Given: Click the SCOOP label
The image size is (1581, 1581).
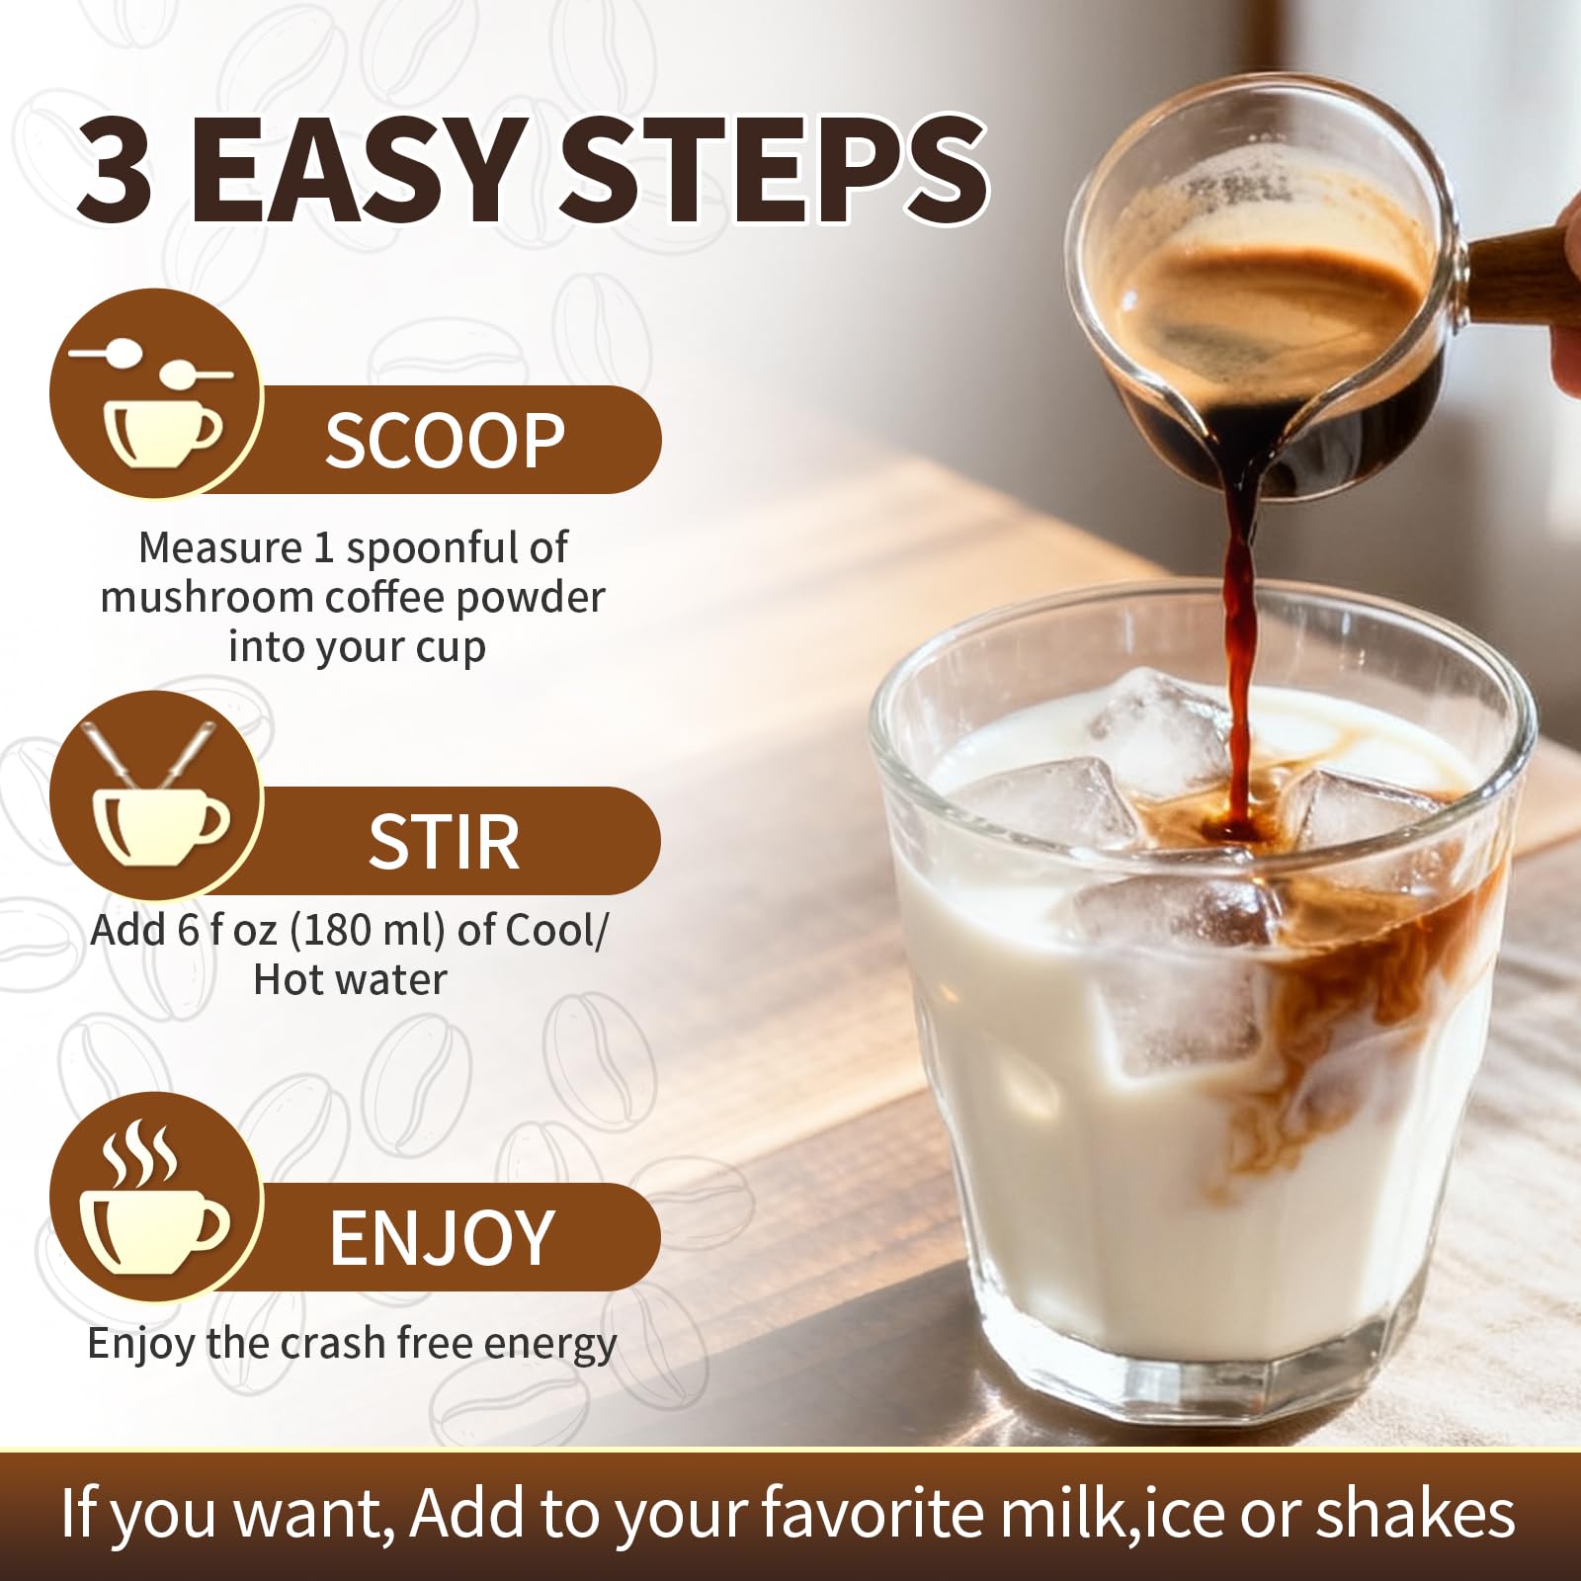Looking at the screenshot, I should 445,441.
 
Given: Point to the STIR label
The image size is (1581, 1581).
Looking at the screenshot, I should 444,842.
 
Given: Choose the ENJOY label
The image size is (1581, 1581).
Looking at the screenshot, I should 441,1237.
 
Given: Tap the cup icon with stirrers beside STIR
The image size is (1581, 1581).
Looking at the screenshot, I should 158,795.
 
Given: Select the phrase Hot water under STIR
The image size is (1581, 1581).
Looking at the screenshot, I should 350,980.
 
